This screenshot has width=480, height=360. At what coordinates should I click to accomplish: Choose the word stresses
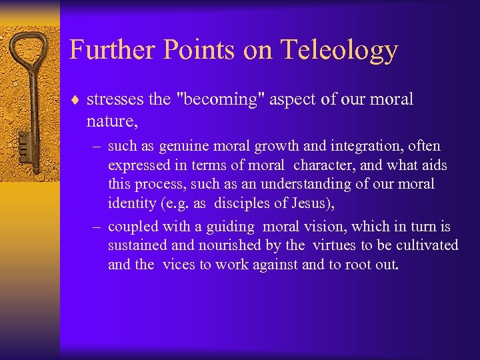(x=116, y=100)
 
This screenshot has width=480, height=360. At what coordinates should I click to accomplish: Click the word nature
(x=107, y=120)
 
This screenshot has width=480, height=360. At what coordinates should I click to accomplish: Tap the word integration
(x=356, y=146)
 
